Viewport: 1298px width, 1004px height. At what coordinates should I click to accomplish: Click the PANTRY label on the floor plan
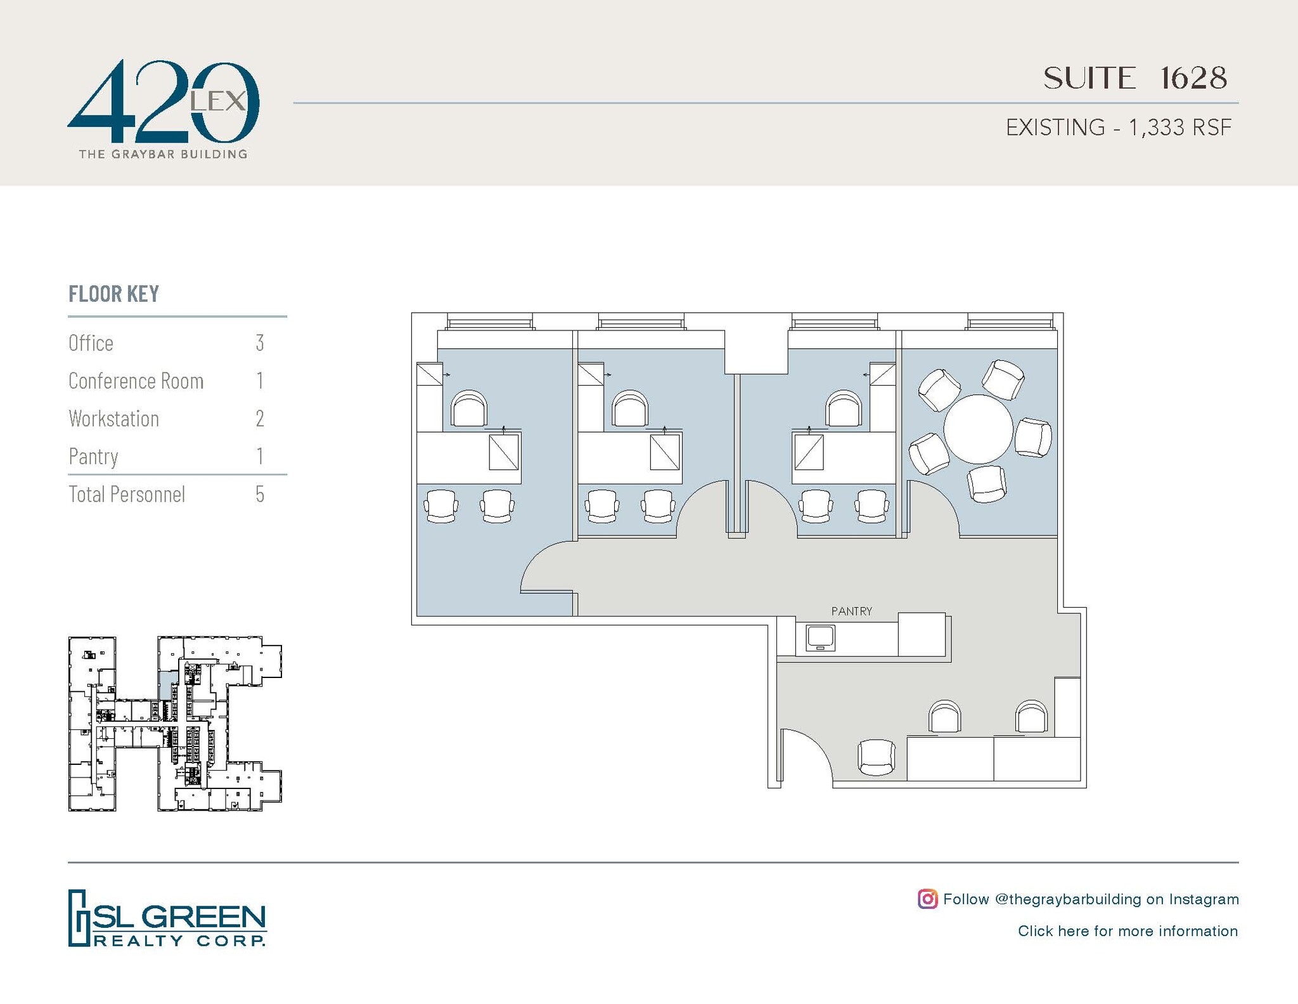pyautogui.click(x=851, y=611)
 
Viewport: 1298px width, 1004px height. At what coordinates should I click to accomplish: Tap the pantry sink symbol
pyautogui.click(x=820, y=637)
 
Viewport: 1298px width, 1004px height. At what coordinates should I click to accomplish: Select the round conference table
pyautogui.click(x=978, y=429)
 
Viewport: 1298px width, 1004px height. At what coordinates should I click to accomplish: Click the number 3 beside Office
pyautogui.click(x=260, y=343)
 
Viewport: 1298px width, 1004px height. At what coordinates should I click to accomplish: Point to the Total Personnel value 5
pyautogui.click(x=260, y=495)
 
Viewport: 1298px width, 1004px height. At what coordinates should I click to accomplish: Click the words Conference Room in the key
pyautogui.click(x=136, y=381)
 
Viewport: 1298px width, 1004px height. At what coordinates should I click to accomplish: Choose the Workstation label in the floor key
pyautogui.click(x=114, y=419)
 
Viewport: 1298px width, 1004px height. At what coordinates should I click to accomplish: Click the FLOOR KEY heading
pyautogui.click(x=114, y=294)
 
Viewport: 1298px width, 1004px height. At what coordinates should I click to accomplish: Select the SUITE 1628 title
pyautogui.click(x=1135, y=79)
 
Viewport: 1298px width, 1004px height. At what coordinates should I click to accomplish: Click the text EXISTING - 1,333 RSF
pyautogui.click(x=1119, y=127)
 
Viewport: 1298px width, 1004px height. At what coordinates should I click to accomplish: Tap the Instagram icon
pyautogui.click(x=927, y=899)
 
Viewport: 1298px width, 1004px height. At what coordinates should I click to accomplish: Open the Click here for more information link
pyautogui.click(x=1128, y=931)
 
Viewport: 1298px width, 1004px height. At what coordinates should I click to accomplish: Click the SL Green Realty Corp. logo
pyautogui.click(x=167, y=918)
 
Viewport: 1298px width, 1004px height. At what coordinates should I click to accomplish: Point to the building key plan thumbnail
pyautogui.click(x=175, y=724)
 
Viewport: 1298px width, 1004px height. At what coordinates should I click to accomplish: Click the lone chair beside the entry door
pyautogui.click(x=877, y=757)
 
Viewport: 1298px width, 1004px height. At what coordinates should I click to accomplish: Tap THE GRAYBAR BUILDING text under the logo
pyautogui.click(x=163, y=154)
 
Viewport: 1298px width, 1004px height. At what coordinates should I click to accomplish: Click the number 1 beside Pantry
pyautogui.click(x=260, y=457)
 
